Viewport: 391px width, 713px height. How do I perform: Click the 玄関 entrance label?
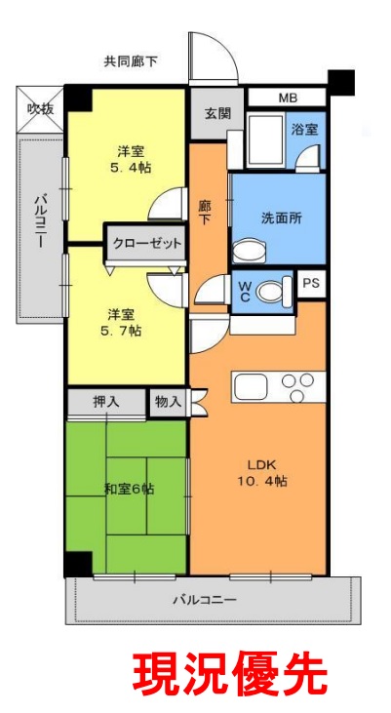[216, 113]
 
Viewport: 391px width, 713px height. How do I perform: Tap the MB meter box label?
[287, 98]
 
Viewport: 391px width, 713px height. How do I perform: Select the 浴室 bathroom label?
[304, 129]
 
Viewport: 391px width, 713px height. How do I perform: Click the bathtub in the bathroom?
[265, 141]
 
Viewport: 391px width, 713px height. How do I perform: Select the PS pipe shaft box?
[311, 284]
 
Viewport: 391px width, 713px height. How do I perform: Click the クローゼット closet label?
[147, 243]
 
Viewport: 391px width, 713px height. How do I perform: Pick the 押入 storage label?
[106, 402]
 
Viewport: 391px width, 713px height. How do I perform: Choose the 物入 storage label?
[169, 402]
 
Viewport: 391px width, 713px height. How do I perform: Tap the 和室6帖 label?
[130, 490]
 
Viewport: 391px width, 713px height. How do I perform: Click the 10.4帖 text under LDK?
[262, 482]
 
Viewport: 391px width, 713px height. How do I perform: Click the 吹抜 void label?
[40, 109]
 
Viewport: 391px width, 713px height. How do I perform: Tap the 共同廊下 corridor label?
[131, 61]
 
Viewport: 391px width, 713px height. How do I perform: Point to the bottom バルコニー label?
[204, 600]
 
